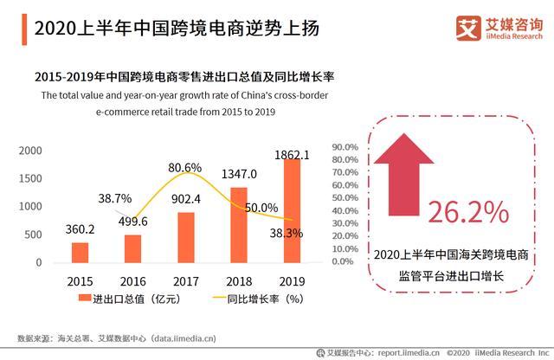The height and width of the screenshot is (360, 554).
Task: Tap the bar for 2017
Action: point(185,237)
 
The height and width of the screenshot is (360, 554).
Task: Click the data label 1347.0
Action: point(239,174)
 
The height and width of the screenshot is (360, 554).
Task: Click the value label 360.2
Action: point(80,230)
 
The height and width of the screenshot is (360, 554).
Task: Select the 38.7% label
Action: point(114,199)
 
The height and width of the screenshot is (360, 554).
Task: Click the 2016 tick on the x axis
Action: point(132,281)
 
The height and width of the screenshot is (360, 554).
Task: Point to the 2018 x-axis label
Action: point(239,281)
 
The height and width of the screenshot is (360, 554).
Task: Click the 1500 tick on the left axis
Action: point(30,178)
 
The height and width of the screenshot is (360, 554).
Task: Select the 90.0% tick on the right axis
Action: point(345,148)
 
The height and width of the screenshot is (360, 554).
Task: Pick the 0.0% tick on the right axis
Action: point(346,260)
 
